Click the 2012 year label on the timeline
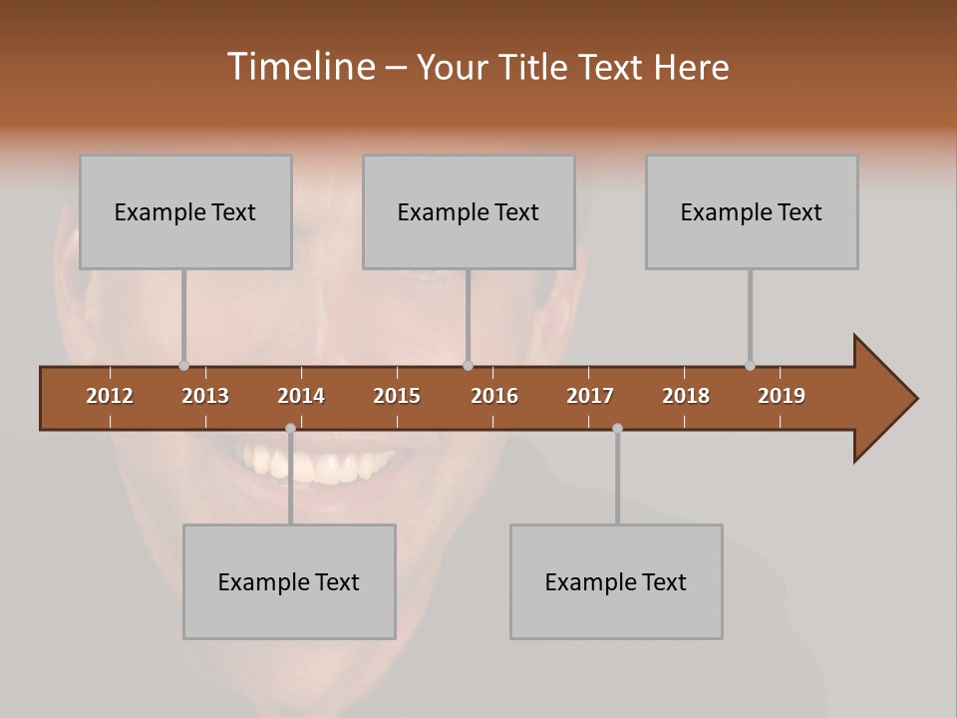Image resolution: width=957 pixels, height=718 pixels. coord(110,396)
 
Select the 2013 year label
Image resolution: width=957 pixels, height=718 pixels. coord(205,396)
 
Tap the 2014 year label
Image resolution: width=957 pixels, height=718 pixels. coord(301,396)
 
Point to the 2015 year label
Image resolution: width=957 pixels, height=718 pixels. coord(397,396)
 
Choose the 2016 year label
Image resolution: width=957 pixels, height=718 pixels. coord(494,396)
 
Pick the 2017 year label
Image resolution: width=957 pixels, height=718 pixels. coord(590,396)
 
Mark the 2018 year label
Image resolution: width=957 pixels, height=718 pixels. coord(686,396)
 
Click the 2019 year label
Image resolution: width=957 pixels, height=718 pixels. coord(782,396)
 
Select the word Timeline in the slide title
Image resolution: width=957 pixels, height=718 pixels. coord(299,67)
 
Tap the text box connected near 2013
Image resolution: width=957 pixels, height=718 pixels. coord(185,211)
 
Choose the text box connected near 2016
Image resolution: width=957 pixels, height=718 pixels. coord(469,211)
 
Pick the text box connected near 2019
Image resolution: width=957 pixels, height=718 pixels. coord(752,211)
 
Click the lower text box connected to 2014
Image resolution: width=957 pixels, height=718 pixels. coord(289,581)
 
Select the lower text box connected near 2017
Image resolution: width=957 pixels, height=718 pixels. coord(616,581)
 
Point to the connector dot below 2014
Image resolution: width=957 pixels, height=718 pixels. coord(290,428)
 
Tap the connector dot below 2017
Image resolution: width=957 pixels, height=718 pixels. coord(617,428)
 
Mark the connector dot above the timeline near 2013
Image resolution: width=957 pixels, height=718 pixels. coord(183,365)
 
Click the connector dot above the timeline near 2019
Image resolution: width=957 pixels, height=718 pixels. coord(750,365)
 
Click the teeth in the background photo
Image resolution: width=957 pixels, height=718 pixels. coord(319,465)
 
